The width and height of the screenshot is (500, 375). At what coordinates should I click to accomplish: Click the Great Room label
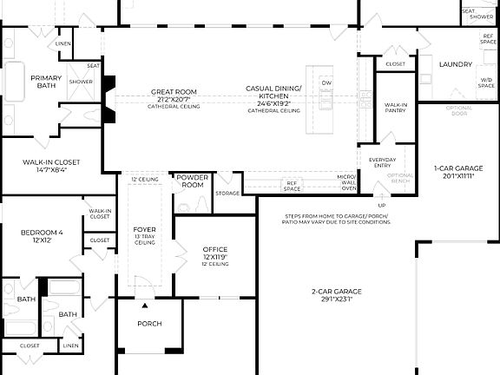coord(174,91)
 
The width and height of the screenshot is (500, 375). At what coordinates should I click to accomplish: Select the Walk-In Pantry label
coord(397,108)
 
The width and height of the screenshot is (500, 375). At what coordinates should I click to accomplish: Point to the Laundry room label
coord(455,64)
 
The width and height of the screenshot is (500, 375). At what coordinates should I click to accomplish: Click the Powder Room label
coord(192,181)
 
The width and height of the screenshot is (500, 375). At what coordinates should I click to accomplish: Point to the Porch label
coord(149,324)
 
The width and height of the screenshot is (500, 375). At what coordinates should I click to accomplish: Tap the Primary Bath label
coord(46,82)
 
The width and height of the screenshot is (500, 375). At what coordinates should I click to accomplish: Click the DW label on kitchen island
coord(326,82)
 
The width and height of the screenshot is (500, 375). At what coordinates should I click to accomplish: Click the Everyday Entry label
coord(382,162)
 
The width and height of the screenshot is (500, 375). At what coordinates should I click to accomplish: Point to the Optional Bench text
coord(400,178)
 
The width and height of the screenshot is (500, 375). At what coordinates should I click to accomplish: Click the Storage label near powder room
coord(227,193)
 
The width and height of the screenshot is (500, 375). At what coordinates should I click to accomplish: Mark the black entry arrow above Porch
coord(145,306)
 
